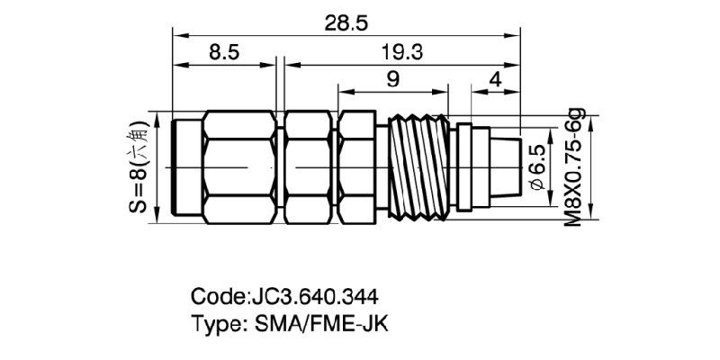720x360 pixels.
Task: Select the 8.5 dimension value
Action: (223, 53)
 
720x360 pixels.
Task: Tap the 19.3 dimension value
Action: (402, 53)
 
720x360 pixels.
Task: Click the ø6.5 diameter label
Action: (538, 166)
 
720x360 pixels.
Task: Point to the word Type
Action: (214, 324)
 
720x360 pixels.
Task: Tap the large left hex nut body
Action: (239, 167)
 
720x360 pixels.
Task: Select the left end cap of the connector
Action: (187, 167)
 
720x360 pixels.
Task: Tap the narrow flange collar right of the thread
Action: (464, 167)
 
